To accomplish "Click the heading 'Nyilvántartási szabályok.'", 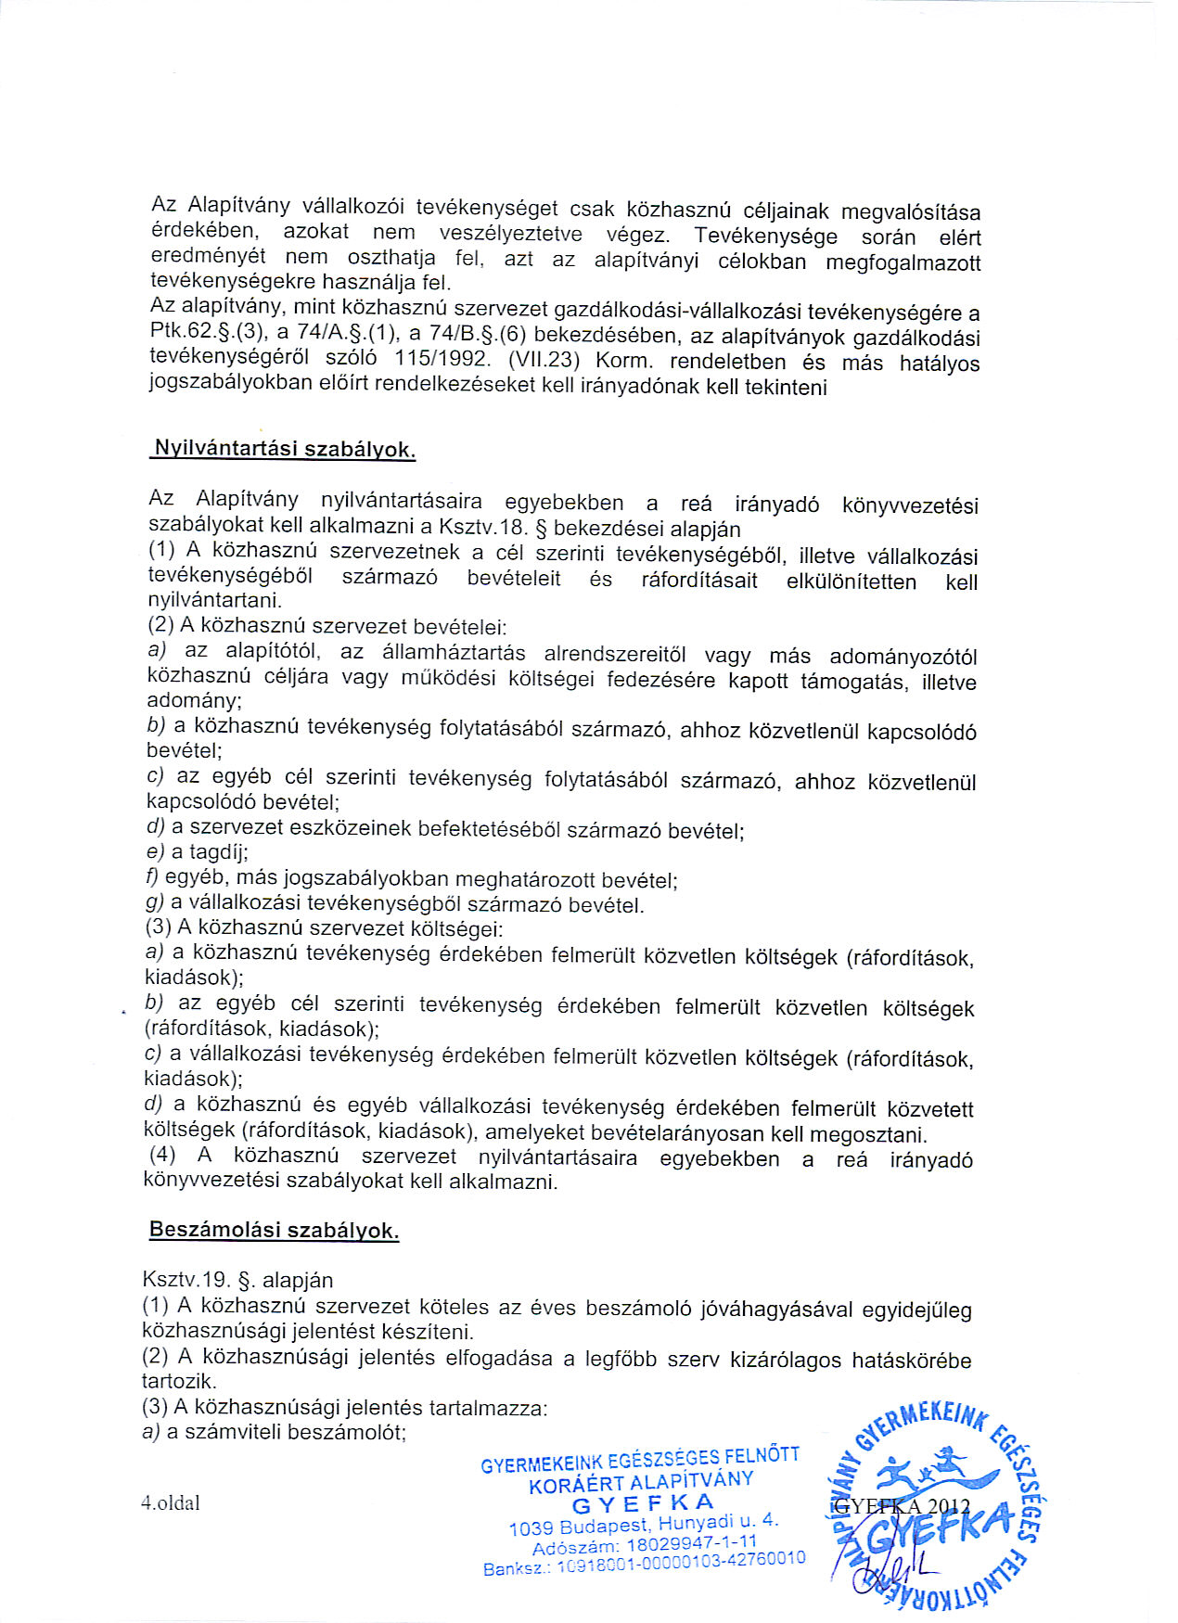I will [x=283, y=449].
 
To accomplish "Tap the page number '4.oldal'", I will [x=170, y=1503].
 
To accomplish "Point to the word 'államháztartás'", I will [x=432, y=652].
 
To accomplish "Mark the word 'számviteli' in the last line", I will [x=232, y=1432].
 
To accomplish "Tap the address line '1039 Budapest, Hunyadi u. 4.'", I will [x=644, y=1524].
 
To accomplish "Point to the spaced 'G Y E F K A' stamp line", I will [x=644, y=1503].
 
